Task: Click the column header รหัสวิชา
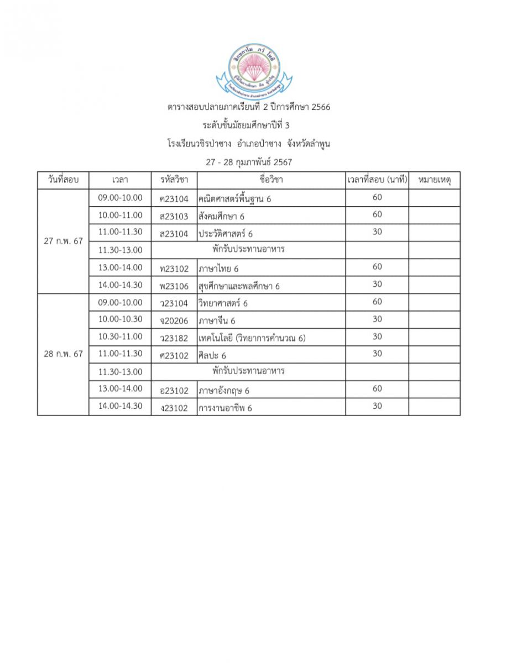tap(174, 180)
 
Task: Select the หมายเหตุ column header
tap(434, 180)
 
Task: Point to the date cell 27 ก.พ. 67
tap(63, 241)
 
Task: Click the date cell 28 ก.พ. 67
tap(63, 354)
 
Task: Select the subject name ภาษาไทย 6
tap(218, 269)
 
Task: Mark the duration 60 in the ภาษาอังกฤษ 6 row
tap(377, 389)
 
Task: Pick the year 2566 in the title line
tap(321, 107)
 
